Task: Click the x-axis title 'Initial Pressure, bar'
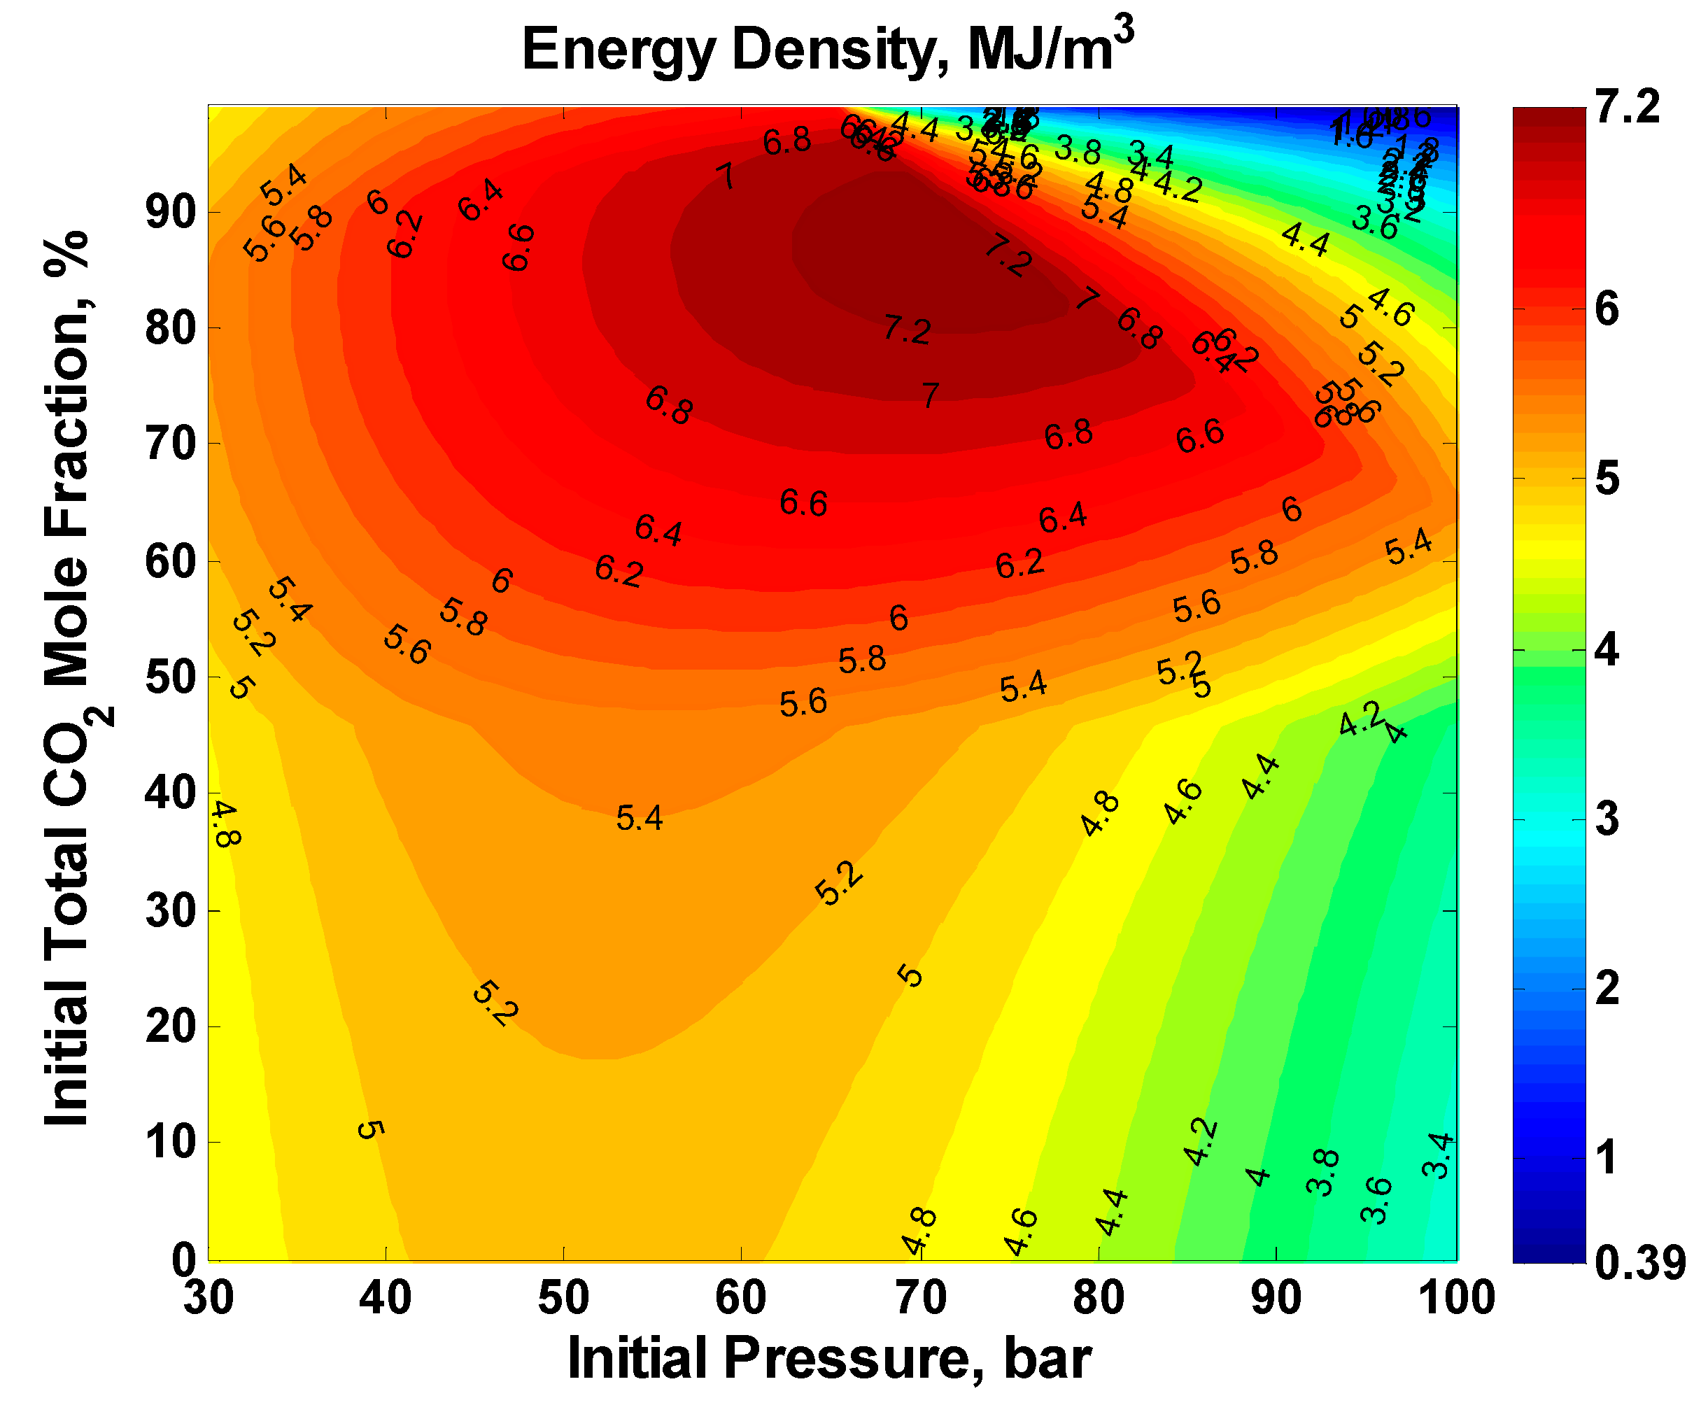tap(829, 1357)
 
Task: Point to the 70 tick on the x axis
tap(920, 1297)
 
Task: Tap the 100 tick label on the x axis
tap(1456, 1297)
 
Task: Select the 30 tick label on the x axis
tap(209, 1297)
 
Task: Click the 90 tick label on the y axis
tap(170, 213)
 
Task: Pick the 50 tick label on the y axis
tap(170, 677)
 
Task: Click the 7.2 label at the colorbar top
tap(1627, 107)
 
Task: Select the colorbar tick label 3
tap(1607, 820)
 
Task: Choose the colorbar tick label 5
tap(1607, 480)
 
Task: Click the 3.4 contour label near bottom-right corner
tap(1438, 1156)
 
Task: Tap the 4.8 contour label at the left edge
tap(226, 824)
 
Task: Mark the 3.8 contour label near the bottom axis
tap(1323, 1172)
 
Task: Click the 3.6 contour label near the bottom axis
tap(1376, 1200)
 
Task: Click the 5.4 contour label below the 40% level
tap(640, 818)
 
